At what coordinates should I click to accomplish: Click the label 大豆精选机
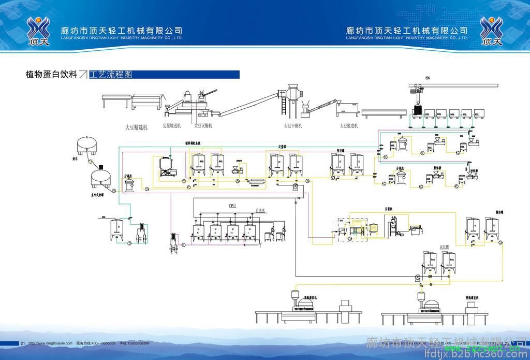click(x=137, y=126)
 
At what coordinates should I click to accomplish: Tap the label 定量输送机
click(x=172, y=125)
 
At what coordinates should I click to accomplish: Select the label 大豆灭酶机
click(x=203, y=125)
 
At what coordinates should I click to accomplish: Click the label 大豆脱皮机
click(x=349, y=125)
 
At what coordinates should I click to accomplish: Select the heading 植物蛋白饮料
click(x=51, y=75)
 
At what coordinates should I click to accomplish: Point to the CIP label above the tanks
click(x=232, y=206)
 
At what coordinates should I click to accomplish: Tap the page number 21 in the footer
click(x=23, y=343)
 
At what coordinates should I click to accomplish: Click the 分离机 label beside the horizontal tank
click(x=128, y=176)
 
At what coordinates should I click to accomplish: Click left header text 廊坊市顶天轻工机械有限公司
click(x=121, y=31)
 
